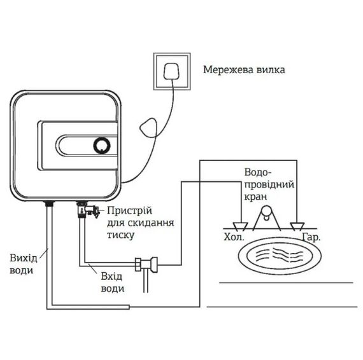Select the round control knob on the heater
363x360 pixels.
pyautogui.click(x=103, y=145)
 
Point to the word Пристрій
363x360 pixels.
pyautogui.click(x=129, y=210)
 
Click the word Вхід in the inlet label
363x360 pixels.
pyautogui.click(x=112, y=276)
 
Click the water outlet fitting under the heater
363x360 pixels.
pyautogui.click(x=48, y=205)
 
